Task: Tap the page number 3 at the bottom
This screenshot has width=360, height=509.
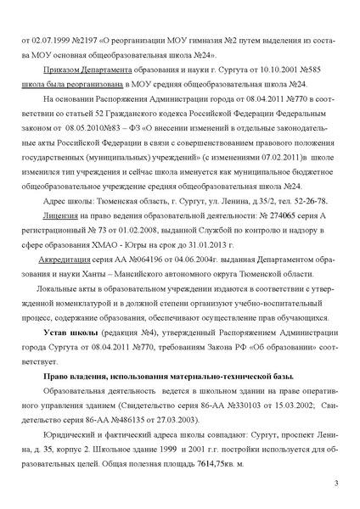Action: point(336,483)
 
